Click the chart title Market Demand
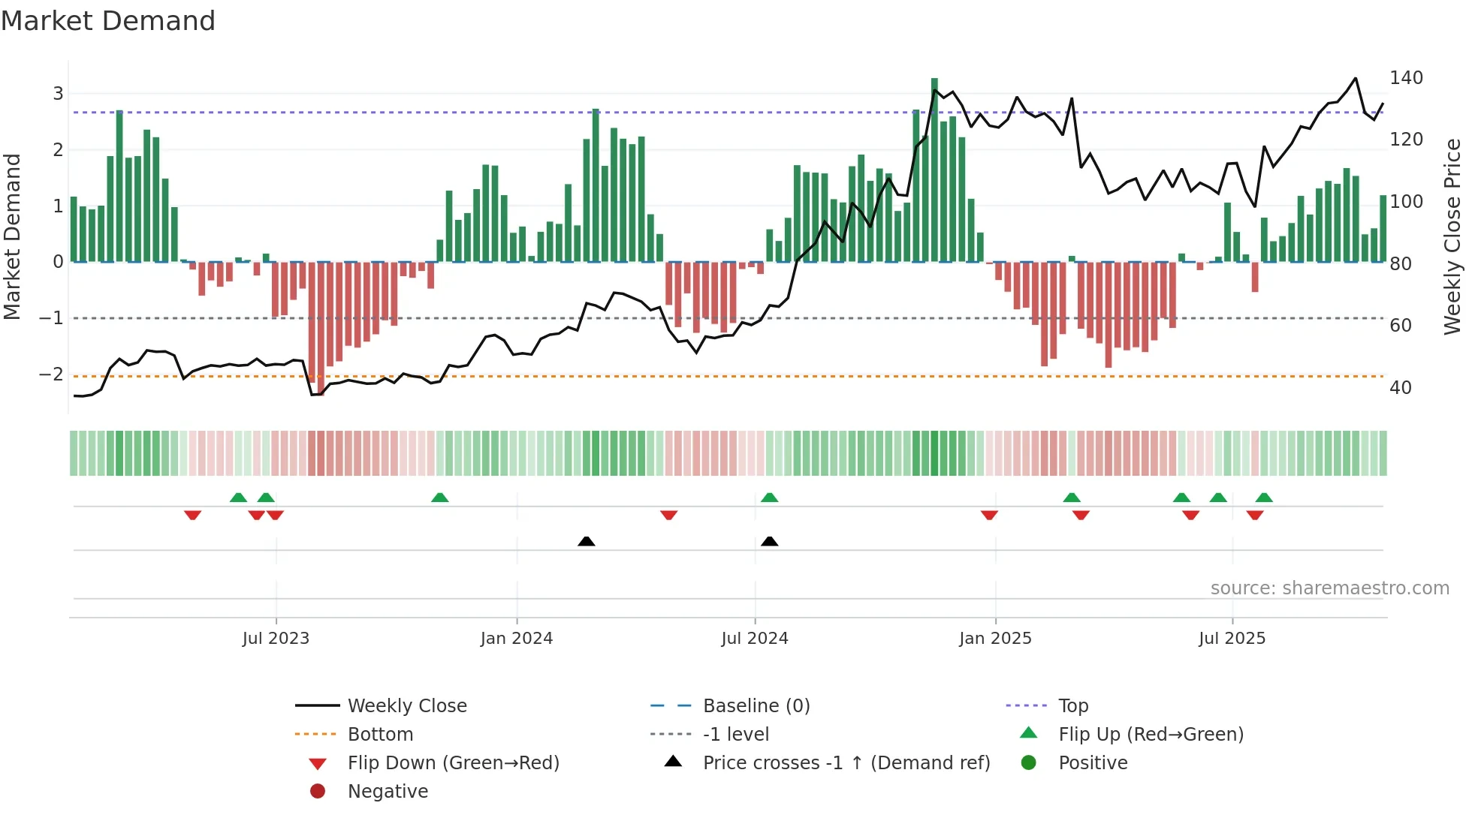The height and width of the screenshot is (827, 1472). coord(108,21)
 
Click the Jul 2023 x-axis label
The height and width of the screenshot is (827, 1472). coord(276,639)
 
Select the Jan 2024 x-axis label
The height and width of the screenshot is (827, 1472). coord(517,639)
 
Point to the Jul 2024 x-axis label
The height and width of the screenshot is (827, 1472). coord(755,639)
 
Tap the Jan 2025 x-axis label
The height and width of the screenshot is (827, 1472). coord(995,639)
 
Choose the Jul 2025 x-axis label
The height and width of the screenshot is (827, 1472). coord(1232,639)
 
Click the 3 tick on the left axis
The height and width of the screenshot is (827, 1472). coord(58,94)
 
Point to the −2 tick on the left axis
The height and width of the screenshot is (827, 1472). coord(52,374)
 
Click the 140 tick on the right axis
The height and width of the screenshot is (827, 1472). coord(1406,78)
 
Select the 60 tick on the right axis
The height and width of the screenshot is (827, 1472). coord(1401,326)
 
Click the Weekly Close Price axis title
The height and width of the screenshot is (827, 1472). coord(1452,236)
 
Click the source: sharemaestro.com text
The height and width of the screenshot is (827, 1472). coord(1329,588)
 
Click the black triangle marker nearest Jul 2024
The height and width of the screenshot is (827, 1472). coord(769,541)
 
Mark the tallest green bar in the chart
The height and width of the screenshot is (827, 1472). coord(934,170)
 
